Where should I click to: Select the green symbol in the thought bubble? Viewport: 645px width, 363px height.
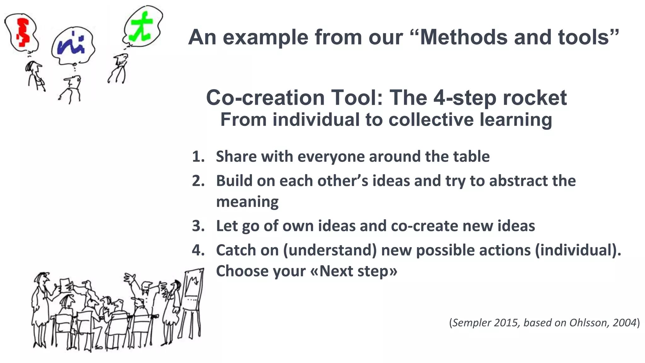point(141,26)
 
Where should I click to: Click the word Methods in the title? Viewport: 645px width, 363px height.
point(464,37)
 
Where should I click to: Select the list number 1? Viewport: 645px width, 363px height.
point(198,157)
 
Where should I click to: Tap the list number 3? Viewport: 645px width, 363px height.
point(198,226)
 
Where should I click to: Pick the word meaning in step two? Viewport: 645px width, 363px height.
point(247,202)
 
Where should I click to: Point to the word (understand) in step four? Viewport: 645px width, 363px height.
point(330,250)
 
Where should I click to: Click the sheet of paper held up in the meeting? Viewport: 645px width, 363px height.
point(65,284)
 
